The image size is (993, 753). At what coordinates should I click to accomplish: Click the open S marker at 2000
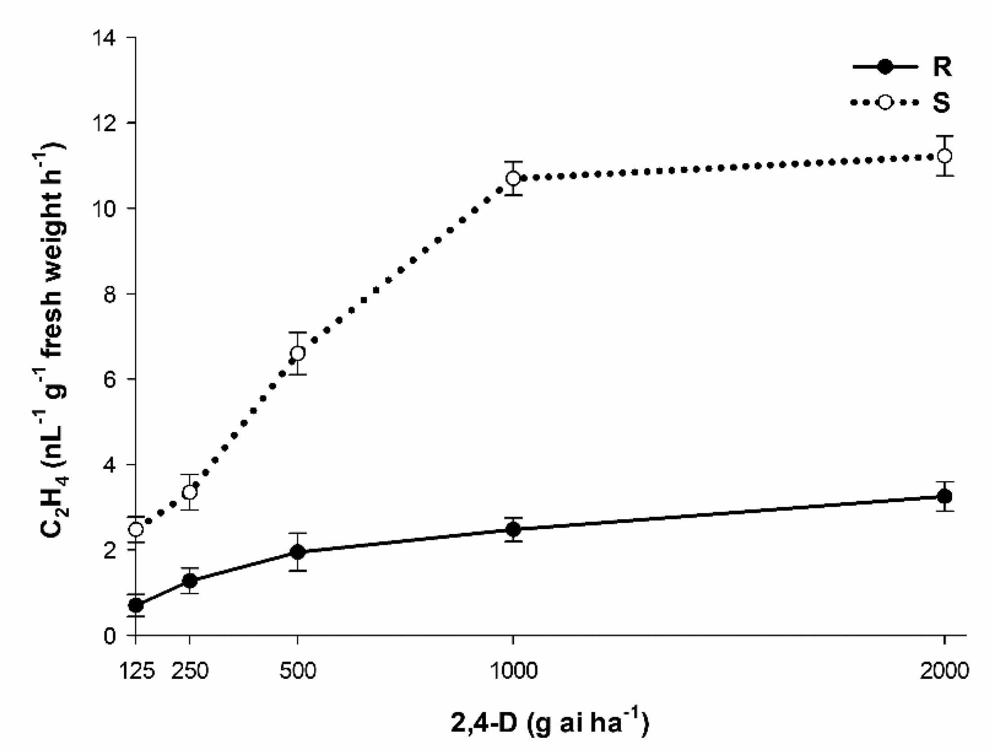click(945, 156)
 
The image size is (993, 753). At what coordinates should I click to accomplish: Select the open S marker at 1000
click(513, 178)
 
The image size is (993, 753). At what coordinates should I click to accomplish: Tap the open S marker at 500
click(297, 353)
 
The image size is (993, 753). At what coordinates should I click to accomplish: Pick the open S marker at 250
click(190, 492)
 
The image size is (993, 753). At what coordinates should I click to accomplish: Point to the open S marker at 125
click(136, 530)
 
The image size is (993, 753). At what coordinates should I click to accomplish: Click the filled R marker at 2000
click(945, 496)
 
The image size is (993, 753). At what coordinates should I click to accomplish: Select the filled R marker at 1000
click(513, 530)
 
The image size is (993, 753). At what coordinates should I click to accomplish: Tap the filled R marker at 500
click(297, 552)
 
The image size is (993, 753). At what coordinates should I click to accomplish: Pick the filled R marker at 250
click(190, 581)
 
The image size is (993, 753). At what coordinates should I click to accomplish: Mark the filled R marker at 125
click(136, 606)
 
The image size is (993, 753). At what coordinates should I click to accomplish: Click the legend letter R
click(942, 67)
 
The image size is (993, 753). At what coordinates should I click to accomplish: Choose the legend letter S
click(941, 102)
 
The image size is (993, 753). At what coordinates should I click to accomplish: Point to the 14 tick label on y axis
click(104, 38)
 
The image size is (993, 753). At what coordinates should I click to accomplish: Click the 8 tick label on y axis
click(109, 294)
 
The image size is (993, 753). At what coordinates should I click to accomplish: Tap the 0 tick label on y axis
click(109, 636)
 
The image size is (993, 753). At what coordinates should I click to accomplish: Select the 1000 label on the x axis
click(513, 671)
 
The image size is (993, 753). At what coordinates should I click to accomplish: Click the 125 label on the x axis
click(137, 671)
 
